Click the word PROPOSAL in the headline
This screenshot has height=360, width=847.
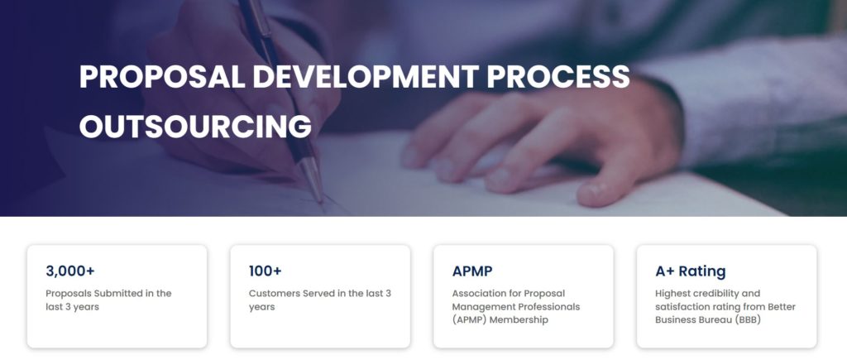tap(162, 76)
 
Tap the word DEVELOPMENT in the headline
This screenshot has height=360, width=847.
tap(366, 76)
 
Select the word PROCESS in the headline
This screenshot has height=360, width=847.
tap(558, 76)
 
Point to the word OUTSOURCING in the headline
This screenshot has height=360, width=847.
tap(195, 126)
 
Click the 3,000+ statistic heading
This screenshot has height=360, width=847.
tap(70, 271)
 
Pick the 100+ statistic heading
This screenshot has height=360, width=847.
tap(266, 271)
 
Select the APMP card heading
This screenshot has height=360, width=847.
tap(472, 271)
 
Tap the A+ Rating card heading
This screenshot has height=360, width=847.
tap(691, 271)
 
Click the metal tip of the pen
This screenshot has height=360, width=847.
tap(313, 181)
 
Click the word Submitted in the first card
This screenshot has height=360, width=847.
tap(119, 294)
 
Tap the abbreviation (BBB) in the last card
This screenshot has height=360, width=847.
tap(747, 320)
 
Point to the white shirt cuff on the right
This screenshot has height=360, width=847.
tap(745, 103)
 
